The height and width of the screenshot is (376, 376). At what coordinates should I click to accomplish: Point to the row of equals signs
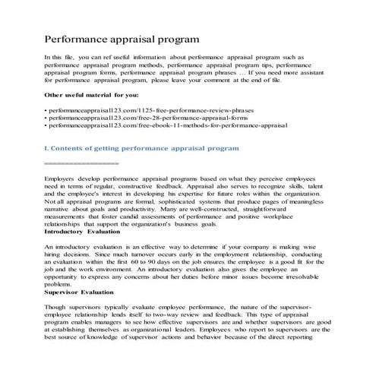(x=82, y=163)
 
